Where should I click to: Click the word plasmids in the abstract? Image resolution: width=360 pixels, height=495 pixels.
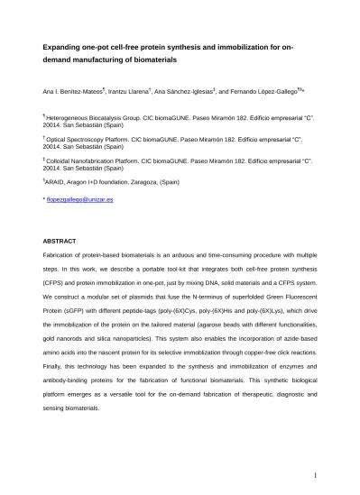coord(147,294)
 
